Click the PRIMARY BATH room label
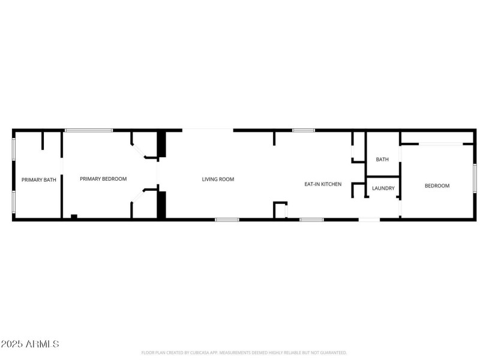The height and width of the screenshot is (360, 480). click(38, 179)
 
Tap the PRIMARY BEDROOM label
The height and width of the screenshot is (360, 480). click(103, 179)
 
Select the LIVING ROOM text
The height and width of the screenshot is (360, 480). click(218, 179)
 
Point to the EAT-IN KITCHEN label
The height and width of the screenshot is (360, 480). click(323, 184)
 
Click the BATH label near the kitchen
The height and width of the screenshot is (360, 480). click(382, 160)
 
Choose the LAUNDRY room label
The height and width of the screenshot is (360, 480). click(383, 188)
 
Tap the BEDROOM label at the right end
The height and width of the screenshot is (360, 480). click(437, 186)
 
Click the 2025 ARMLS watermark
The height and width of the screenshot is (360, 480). click(30, 344)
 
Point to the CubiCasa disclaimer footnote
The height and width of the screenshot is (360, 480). click(244, 353)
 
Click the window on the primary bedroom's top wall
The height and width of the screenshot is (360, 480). click(89, 130)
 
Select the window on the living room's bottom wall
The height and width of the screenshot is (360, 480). click(227, 220)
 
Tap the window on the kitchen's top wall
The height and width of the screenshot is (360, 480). click(304, 130)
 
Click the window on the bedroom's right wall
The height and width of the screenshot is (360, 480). click(474, 178)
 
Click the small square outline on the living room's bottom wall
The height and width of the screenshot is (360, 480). click(280, 210)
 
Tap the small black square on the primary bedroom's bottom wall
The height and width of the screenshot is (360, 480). click(74, 217)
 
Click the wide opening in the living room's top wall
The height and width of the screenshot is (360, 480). click(208, 130)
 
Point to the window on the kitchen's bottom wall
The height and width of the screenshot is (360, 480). click(311, 220)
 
